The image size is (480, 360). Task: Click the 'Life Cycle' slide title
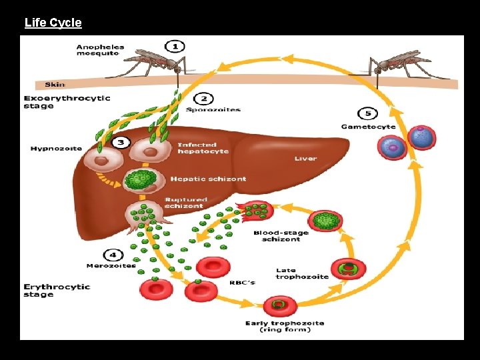pos(53,23)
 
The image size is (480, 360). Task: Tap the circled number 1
pos(175,47)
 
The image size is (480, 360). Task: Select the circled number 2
pos(204,99)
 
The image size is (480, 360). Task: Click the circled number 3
pos(121,142)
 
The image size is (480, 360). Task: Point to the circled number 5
pos(368,114)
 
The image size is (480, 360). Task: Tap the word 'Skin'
pos(55,85)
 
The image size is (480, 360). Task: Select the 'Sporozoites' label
pos(213,110)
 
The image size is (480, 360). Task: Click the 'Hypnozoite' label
pos(56,149)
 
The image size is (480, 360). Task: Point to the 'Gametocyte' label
pos(368,127)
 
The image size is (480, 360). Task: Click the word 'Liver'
pos(305,159)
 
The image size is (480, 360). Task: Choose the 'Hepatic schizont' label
pos(208,179)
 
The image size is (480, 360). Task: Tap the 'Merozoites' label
pos(111,266)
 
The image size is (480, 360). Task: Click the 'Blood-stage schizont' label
pos(281,236)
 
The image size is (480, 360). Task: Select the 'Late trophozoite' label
pos(302,273)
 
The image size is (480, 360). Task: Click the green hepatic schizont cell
pos(141,180)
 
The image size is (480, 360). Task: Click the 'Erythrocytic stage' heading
pos(57,290)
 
